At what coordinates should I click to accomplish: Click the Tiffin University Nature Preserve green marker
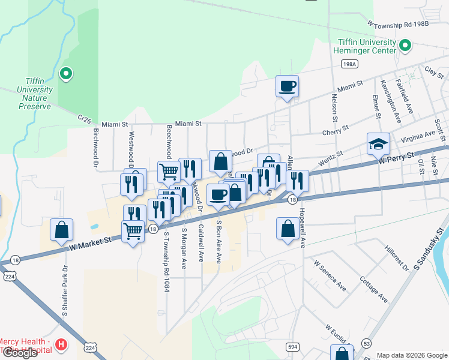pos(66,74)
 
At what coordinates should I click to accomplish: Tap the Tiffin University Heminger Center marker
pos(405,45)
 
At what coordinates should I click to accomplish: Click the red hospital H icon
pos(61,344)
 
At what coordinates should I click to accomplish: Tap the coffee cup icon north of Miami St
pos(287,86)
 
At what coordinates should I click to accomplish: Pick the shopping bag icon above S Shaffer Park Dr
pos(61,229)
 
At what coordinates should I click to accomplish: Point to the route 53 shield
pos(366,343)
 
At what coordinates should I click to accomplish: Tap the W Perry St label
pos(396,158)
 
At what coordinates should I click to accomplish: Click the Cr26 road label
pos(85,121)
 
